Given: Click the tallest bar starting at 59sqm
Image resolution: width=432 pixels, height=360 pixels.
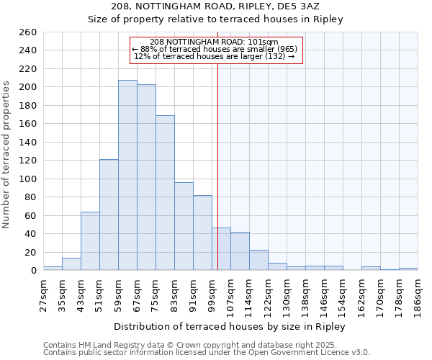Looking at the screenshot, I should point(127,175).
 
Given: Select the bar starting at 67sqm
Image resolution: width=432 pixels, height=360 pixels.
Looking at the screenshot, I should point(146,177).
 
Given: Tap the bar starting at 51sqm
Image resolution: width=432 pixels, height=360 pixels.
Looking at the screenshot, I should point(109,215).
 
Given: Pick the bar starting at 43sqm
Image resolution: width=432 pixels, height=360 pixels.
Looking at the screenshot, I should point(90,241).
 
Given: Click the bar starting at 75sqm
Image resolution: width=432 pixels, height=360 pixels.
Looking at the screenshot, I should point(165,193).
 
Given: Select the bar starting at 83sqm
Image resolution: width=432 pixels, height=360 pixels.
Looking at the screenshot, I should point(184,226).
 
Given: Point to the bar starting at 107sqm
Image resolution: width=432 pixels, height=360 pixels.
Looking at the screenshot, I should point(240,251).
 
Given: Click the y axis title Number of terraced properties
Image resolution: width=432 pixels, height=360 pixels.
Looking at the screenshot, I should point(6,155).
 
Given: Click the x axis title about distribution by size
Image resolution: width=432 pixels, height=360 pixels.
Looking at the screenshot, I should point(230,326).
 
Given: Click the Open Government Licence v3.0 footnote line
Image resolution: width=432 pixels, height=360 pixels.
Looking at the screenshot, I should point(206,352).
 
